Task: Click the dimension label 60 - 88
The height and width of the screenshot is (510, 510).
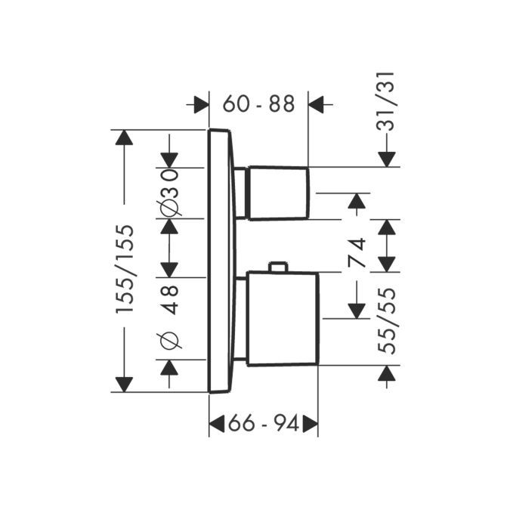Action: tap(258, 104)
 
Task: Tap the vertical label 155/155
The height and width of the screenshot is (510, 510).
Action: tap(125, 269)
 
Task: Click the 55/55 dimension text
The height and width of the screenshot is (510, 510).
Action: tap(388, 320)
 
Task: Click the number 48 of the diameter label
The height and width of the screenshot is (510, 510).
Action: tap(171, 298)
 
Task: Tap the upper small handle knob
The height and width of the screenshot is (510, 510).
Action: tap(277, 193)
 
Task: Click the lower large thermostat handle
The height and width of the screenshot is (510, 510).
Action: tap(282, 319)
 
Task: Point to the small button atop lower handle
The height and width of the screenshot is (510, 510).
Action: tap(278, 267)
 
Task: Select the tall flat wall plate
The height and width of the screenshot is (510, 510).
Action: tap(220, 261)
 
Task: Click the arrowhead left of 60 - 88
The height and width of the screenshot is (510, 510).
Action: tap(201, 104)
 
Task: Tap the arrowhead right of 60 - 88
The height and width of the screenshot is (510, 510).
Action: tap(317, 104)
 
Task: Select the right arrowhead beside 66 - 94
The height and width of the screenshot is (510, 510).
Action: tap(310, 425)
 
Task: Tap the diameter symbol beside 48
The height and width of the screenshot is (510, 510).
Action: tap(170, 341)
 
